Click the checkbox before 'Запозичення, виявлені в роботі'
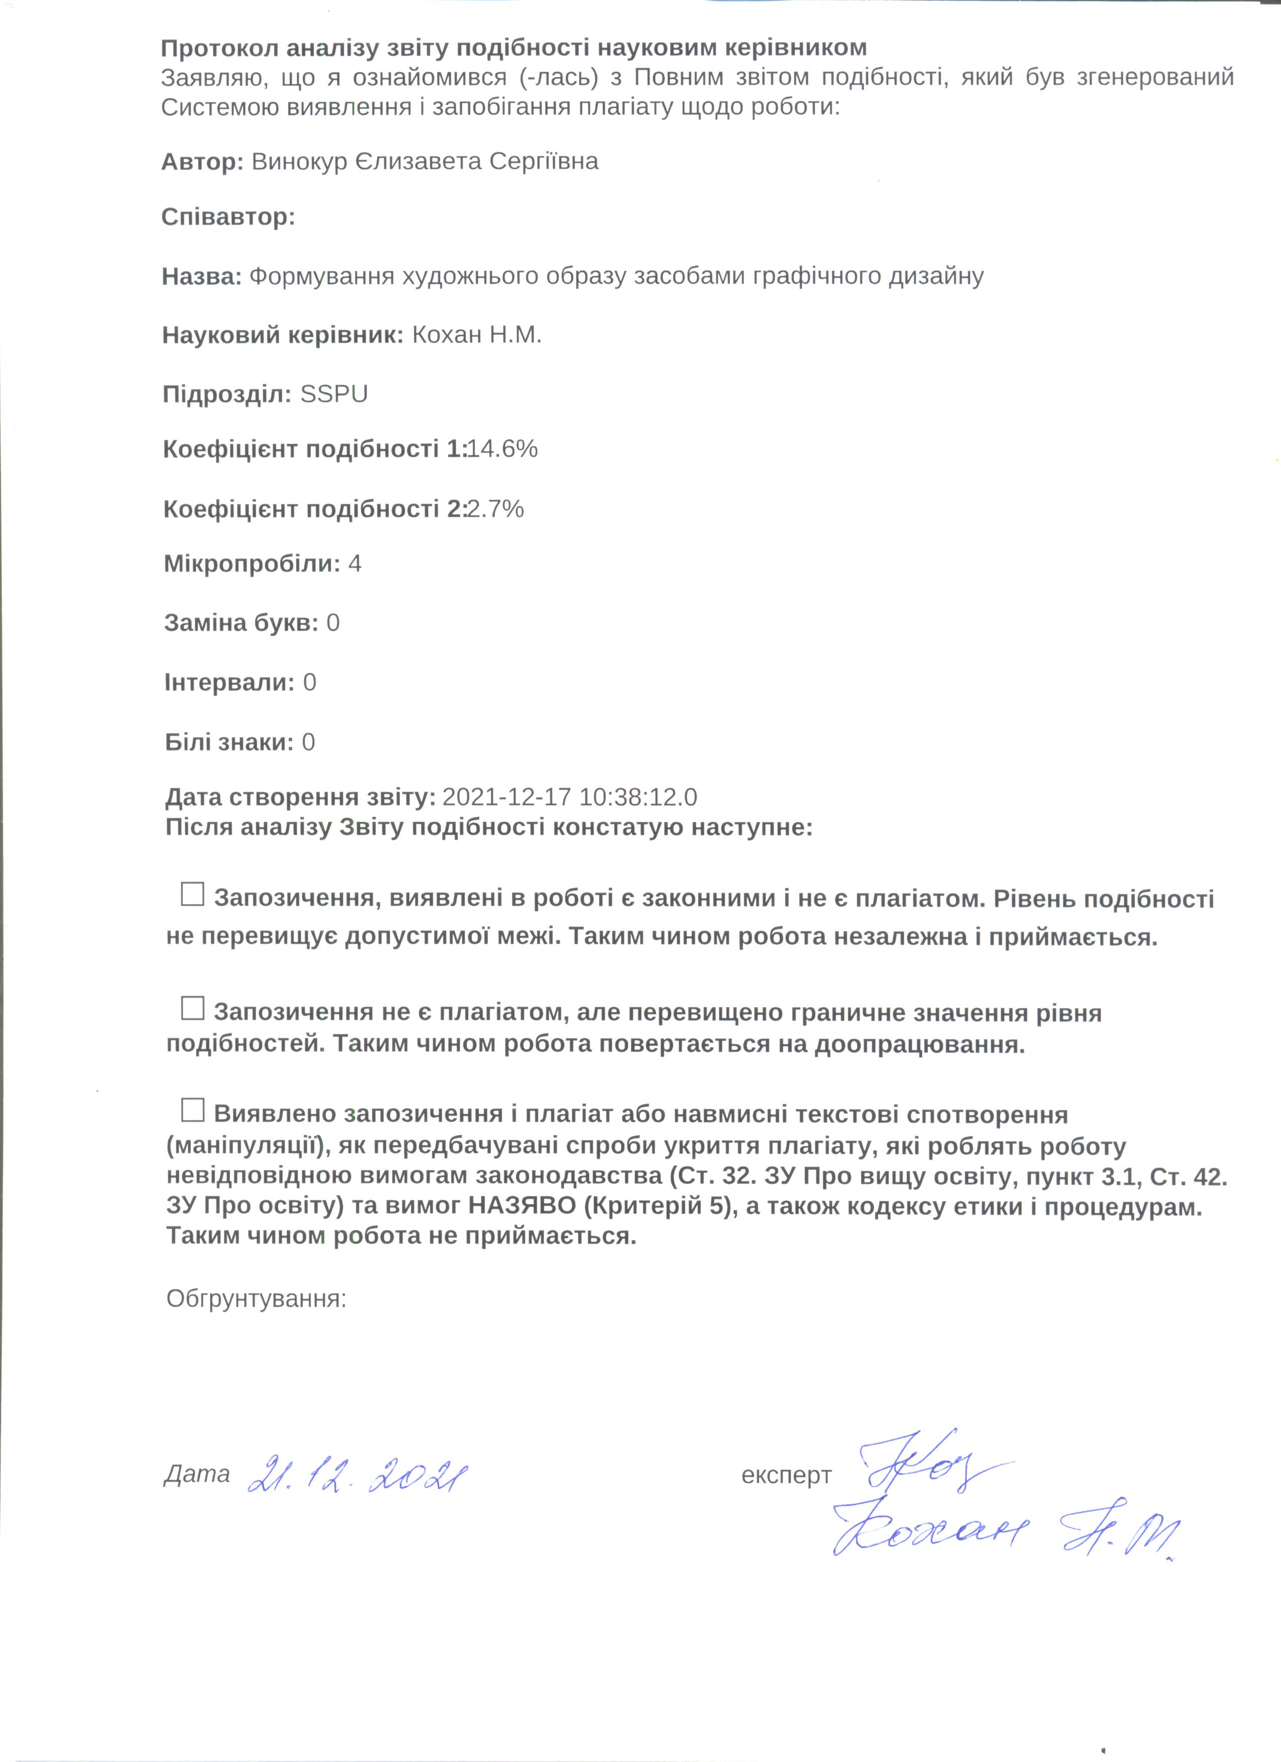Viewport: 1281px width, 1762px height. click(x=192, y=894)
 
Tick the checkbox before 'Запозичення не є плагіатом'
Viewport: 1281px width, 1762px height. click(x=192, y=1009)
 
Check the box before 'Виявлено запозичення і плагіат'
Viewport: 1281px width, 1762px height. click(x=192, y=1109)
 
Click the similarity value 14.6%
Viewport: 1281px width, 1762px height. click(x=502, y=449)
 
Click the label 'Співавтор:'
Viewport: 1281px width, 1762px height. click(x=228, y=217)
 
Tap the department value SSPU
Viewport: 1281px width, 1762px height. click(x=334, y=394)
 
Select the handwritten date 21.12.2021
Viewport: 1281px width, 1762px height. click(x=358, y=1473)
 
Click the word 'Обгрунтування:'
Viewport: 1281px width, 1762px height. click(x=256, y=1298)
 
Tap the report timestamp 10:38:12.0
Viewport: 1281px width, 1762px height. click(x=637, y=797)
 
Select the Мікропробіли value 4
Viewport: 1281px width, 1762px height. click(x=355, y=563)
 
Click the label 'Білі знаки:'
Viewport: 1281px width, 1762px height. click(x=229, y=742)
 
